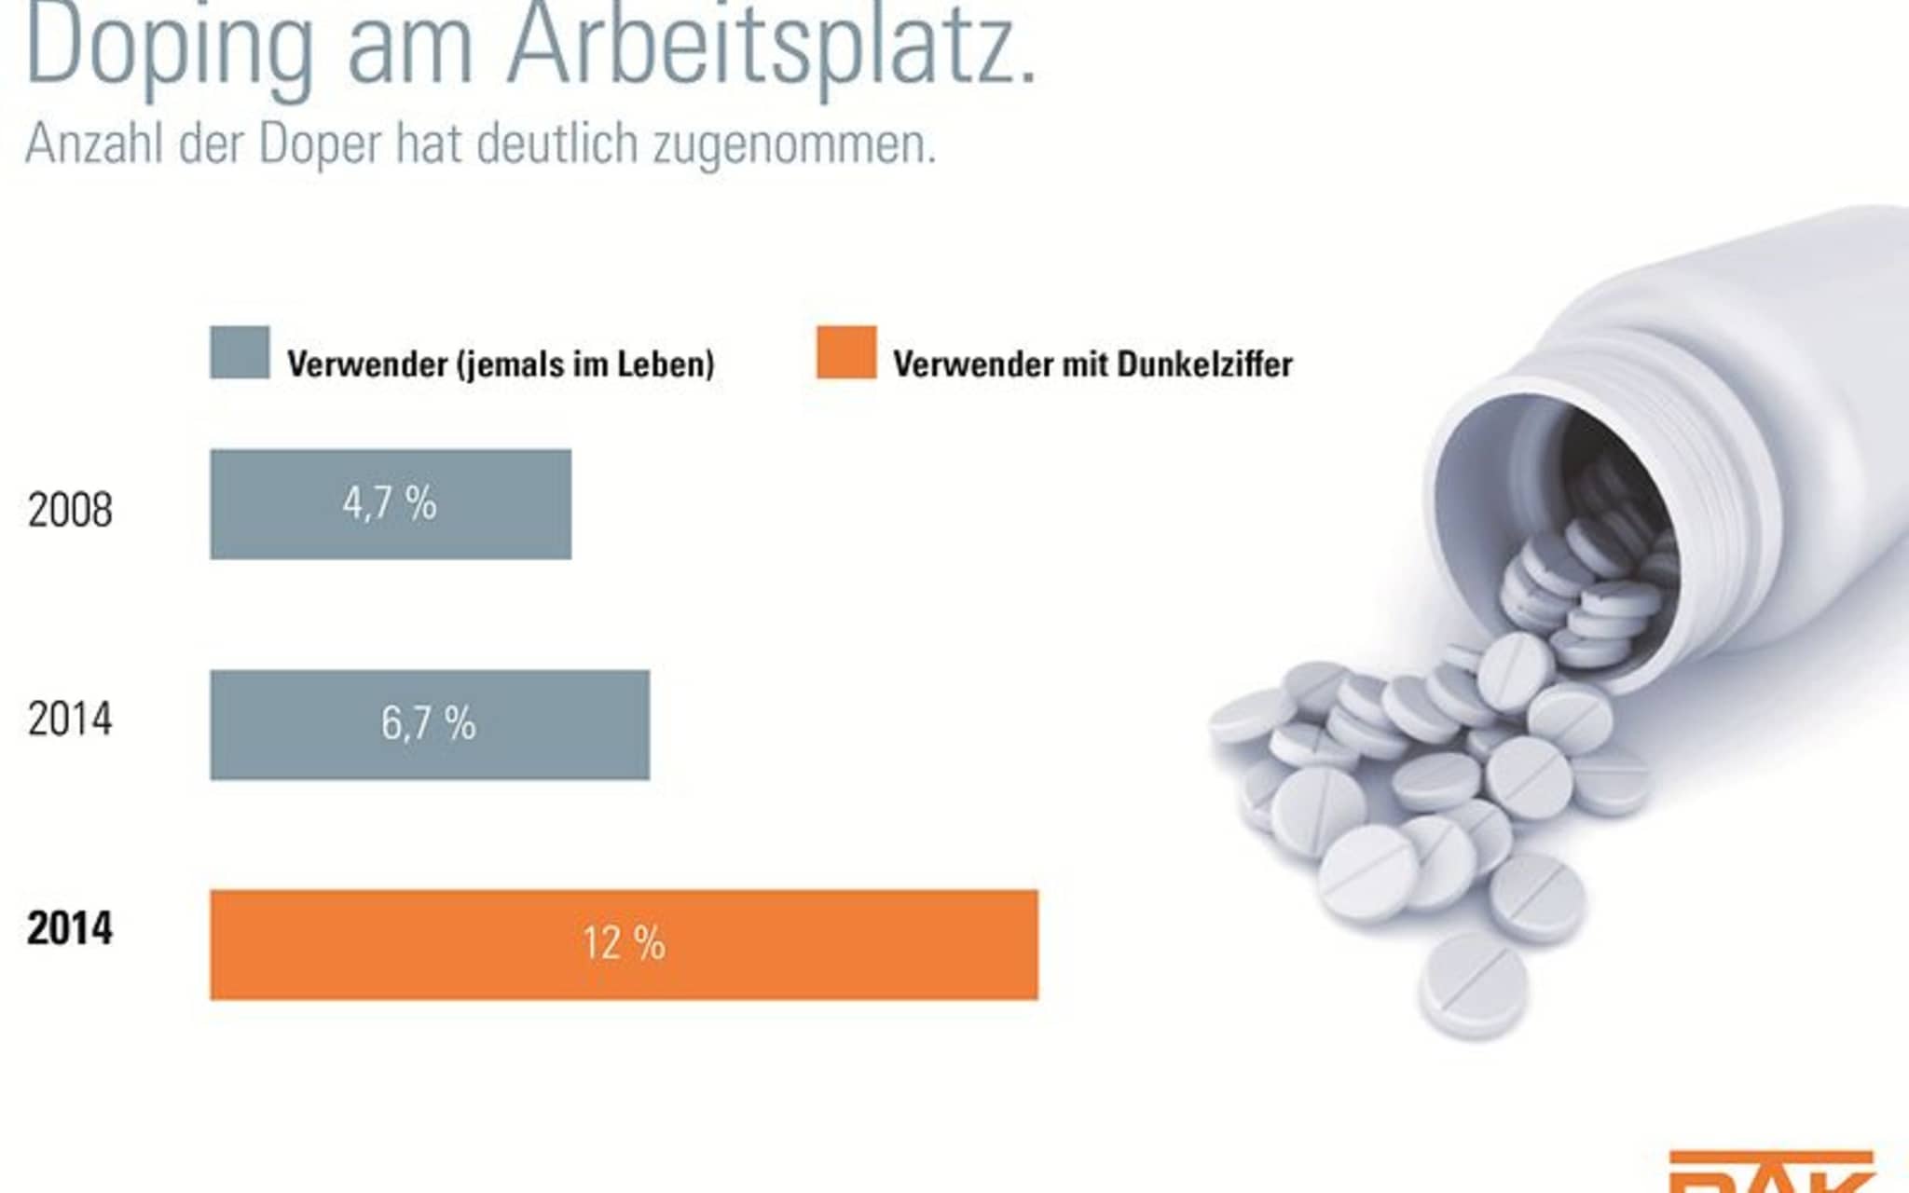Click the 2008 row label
coord(70,510)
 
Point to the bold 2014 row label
coord(70,928)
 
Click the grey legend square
coord(240,352)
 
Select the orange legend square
coord(846,352)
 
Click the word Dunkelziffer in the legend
coord(1204,363)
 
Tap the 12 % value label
coord(624,943)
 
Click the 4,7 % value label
coord(390,503)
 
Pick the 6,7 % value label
coord(429,723)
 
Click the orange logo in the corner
coord(1771,1172)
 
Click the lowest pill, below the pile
coord(1473,984)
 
